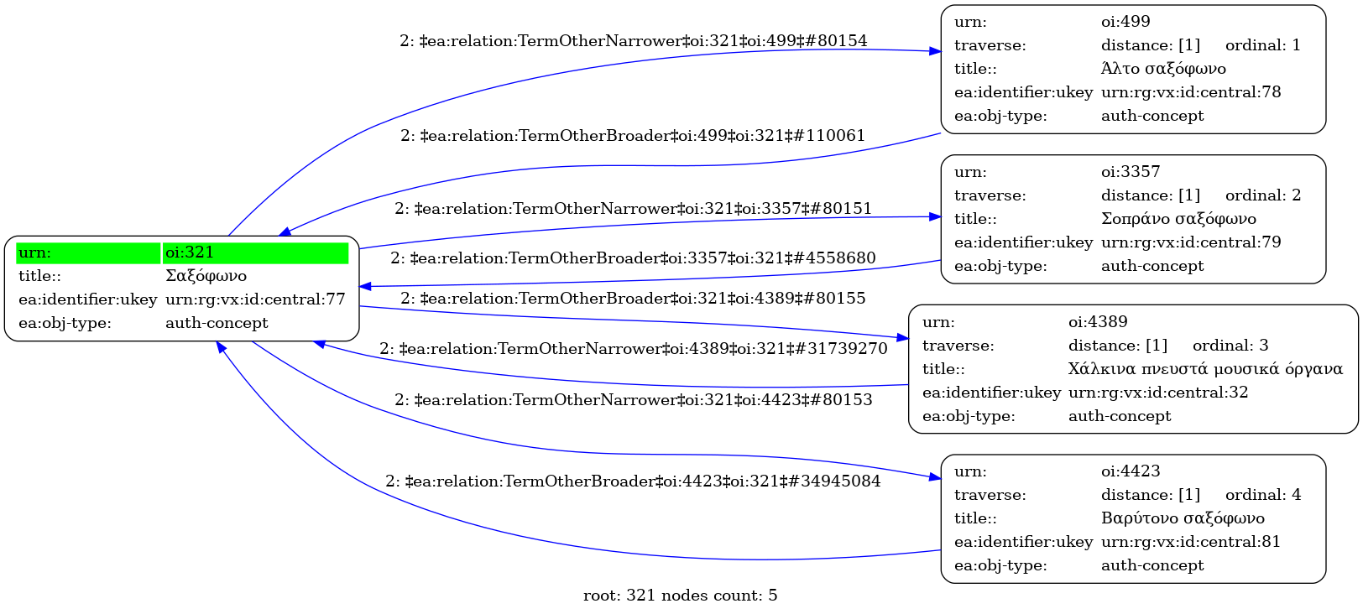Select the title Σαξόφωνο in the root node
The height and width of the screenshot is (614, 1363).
point(206,276)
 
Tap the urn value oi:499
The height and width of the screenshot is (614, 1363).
point(1125,22)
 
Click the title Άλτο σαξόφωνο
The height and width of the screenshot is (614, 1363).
point(1163,69)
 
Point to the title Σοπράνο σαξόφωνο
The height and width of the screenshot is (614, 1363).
point(1178,219)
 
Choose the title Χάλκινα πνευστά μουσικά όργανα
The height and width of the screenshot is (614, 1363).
point(1205,369)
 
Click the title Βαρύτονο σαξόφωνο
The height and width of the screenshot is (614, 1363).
point(1183,518)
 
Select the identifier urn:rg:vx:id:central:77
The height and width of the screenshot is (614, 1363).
point(255,299)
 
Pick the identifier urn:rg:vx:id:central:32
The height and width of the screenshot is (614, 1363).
point(1158,393)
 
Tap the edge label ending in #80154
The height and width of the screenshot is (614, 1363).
point(633,41)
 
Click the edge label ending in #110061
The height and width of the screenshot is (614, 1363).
point(632,136)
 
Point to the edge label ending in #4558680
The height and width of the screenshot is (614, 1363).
point(633,258)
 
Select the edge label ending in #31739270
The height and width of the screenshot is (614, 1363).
point(633,349)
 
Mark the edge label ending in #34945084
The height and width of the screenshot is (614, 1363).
point(633,481)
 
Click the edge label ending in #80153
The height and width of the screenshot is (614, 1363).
point(633,400)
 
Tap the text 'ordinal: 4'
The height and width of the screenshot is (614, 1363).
point(1263,495)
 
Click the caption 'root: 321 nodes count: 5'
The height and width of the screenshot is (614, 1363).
point(680,596)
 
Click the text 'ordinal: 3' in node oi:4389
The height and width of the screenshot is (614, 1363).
point(1230,346)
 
